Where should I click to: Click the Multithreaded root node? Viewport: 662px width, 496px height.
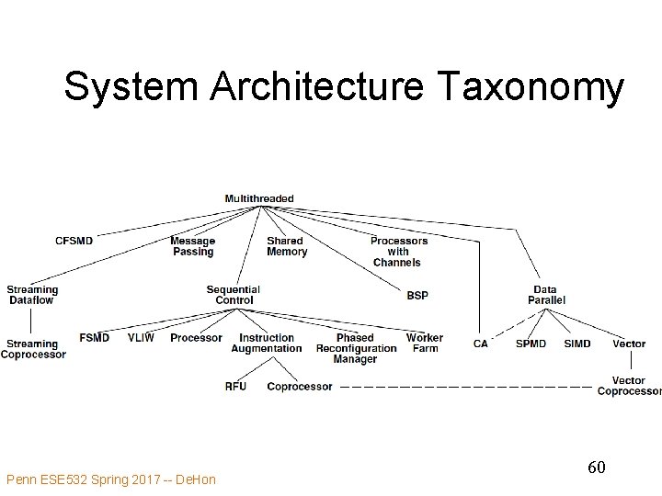coord(259,198)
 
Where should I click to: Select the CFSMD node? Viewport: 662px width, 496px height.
coord(74,241)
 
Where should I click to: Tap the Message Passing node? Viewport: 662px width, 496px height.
coord(193,246)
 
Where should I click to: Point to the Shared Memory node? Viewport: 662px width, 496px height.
coord(286,246)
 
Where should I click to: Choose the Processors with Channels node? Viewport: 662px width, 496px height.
coord(398,252)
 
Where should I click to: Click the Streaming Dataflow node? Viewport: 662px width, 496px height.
coord(31,295)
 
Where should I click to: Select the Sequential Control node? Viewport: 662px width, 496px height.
coord(234,295)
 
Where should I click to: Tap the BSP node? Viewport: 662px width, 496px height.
coord(417,295)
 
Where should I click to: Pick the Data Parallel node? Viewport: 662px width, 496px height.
coord(546,295)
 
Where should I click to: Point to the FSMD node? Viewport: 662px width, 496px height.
coord(95,338)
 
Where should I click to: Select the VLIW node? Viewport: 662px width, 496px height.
coord(142,338)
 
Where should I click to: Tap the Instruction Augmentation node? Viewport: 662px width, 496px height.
coord(267,344)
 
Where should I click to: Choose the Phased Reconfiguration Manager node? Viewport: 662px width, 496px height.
coord(356,348)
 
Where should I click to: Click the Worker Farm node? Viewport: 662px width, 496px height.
coord(424,344)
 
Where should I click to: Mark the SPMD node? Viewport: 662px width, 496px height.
coord(531,344)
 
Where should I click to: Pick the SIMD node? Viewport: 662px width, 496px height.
coord(577,344)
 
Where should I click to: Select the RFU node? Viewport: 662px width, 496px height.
coord(236,387)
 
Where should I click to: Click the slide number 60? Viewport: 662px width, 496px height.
coord(596,468)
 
